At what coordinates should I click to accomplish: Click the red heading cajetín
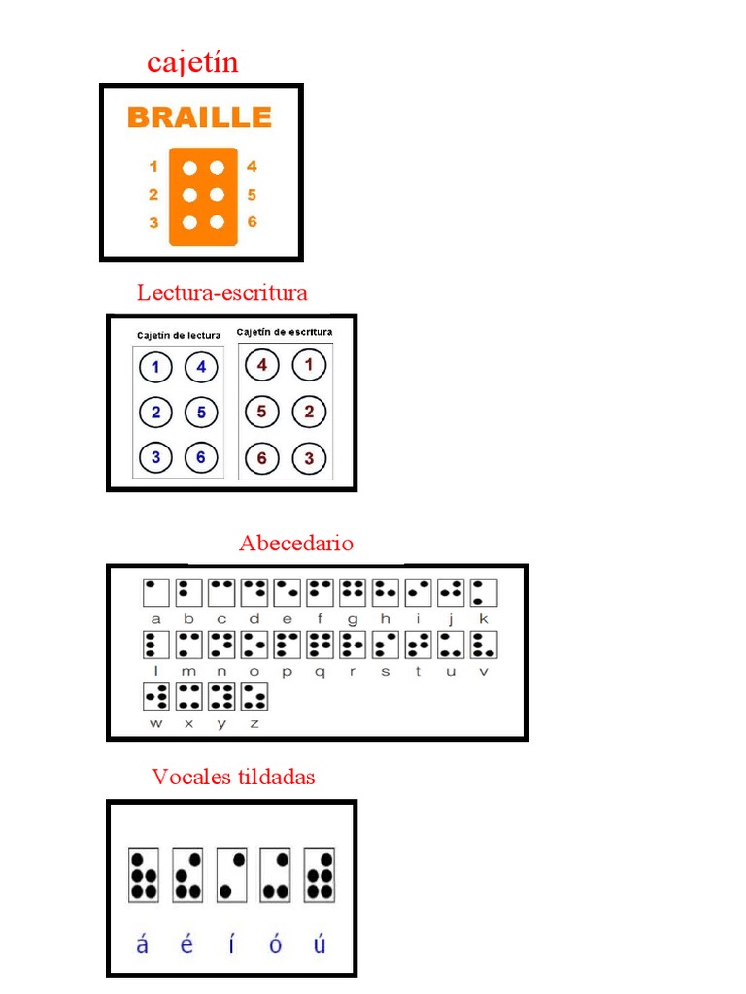click(192, 63)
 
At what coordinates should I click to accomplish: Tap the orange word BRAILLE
click(199, 118)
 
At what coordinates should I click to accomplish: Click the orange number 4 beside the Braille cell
click(252, 166)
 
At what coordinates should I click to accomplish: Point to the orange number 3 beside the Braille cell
click(153, 222)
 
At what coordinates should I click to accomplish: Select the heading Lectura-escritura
click(221, 292)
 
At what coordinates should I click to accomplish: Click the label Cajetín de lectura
click(178, 336)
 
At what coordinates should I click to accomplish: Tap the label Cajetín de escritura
click(285, 332)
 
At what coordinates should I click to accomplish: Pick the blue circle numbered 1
click(155, 367)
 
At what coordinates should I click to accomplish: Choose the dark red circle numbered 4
click(262, 366)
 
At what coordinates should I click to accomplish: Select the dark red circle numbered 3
click(309, 458)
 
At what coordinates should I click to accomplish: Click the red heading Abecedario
click(296, 544)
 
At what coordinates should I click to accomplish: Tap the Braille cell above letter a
click(155, 592)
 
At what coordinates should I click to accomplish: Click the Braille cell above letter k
click(484, 592)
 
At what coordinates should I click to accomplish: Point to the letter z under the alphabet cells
click(255, 723)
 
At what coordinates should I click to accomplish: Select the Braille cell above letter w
click(155, 696)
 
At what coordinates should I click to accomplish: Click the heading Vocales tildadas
click(233, 778)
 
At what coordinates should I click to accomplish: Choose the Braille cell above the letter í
click(231, 875)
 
